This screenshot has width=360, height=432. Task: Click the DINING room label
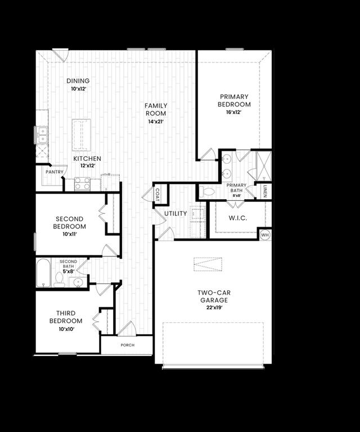[78, 81]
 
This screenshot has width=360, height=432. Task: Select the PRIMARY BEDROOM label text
[235, 101]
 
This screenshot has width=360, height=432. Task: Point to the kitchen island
[82, 134]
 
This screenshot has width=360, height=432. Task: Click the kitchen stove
[82, 184]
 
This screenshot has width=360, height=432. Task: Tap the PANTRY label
[55, 172]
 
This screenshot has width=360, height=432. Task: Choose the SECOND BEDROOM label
[69, 223]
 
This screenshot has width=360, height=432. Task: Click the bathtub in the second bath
[44, 273]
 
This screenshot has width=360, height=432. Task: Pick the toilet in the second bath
[59, 278]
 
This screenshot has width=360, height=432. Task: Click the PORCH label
[128, 345]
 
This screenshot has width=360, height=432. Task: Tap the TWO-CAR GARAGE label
[214, 296]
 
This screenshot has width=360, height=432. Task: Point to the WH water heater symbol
[265, 234]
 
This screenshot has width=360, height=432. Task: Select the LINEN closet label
[264, 191]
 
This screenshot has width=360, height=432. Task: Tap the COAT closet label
[157, 194]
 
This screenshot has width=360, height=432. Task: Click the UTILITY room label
[175, 214]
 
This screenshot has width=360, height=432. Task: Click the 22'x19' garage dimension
[214, 308]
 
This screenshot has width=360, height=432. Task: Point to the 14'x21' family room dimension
[155, 121]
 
